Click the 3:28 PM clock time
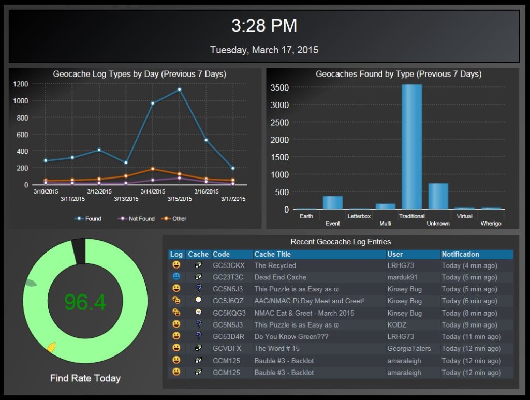click(264, 26)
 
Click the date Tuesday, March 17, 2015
click(264, 50)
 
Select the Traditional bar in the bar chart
click(412, 147)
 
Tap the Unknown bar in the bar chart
click(438, 197)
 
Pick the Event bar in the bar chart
click(333, 203)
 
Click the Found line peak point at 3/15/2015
click(180, 90)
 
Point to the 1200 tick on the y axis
click(21, 84)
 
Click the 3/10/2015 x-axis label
click(46, 191)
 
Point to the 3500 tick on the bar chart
click(279, 87)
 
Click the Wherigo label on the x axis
click(491, 224)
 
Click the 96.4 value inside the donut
click(85, 303)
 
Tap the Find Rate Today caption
click(85, 378)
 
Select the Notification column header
click(461, 254)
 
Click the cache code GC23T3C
click(228, 277)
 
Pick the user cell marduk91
click(402, 277)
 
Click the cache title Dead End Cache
click(280, 277)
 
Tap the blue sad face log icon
click(176, 277)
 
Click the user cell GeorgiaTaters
click(408, 349)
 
